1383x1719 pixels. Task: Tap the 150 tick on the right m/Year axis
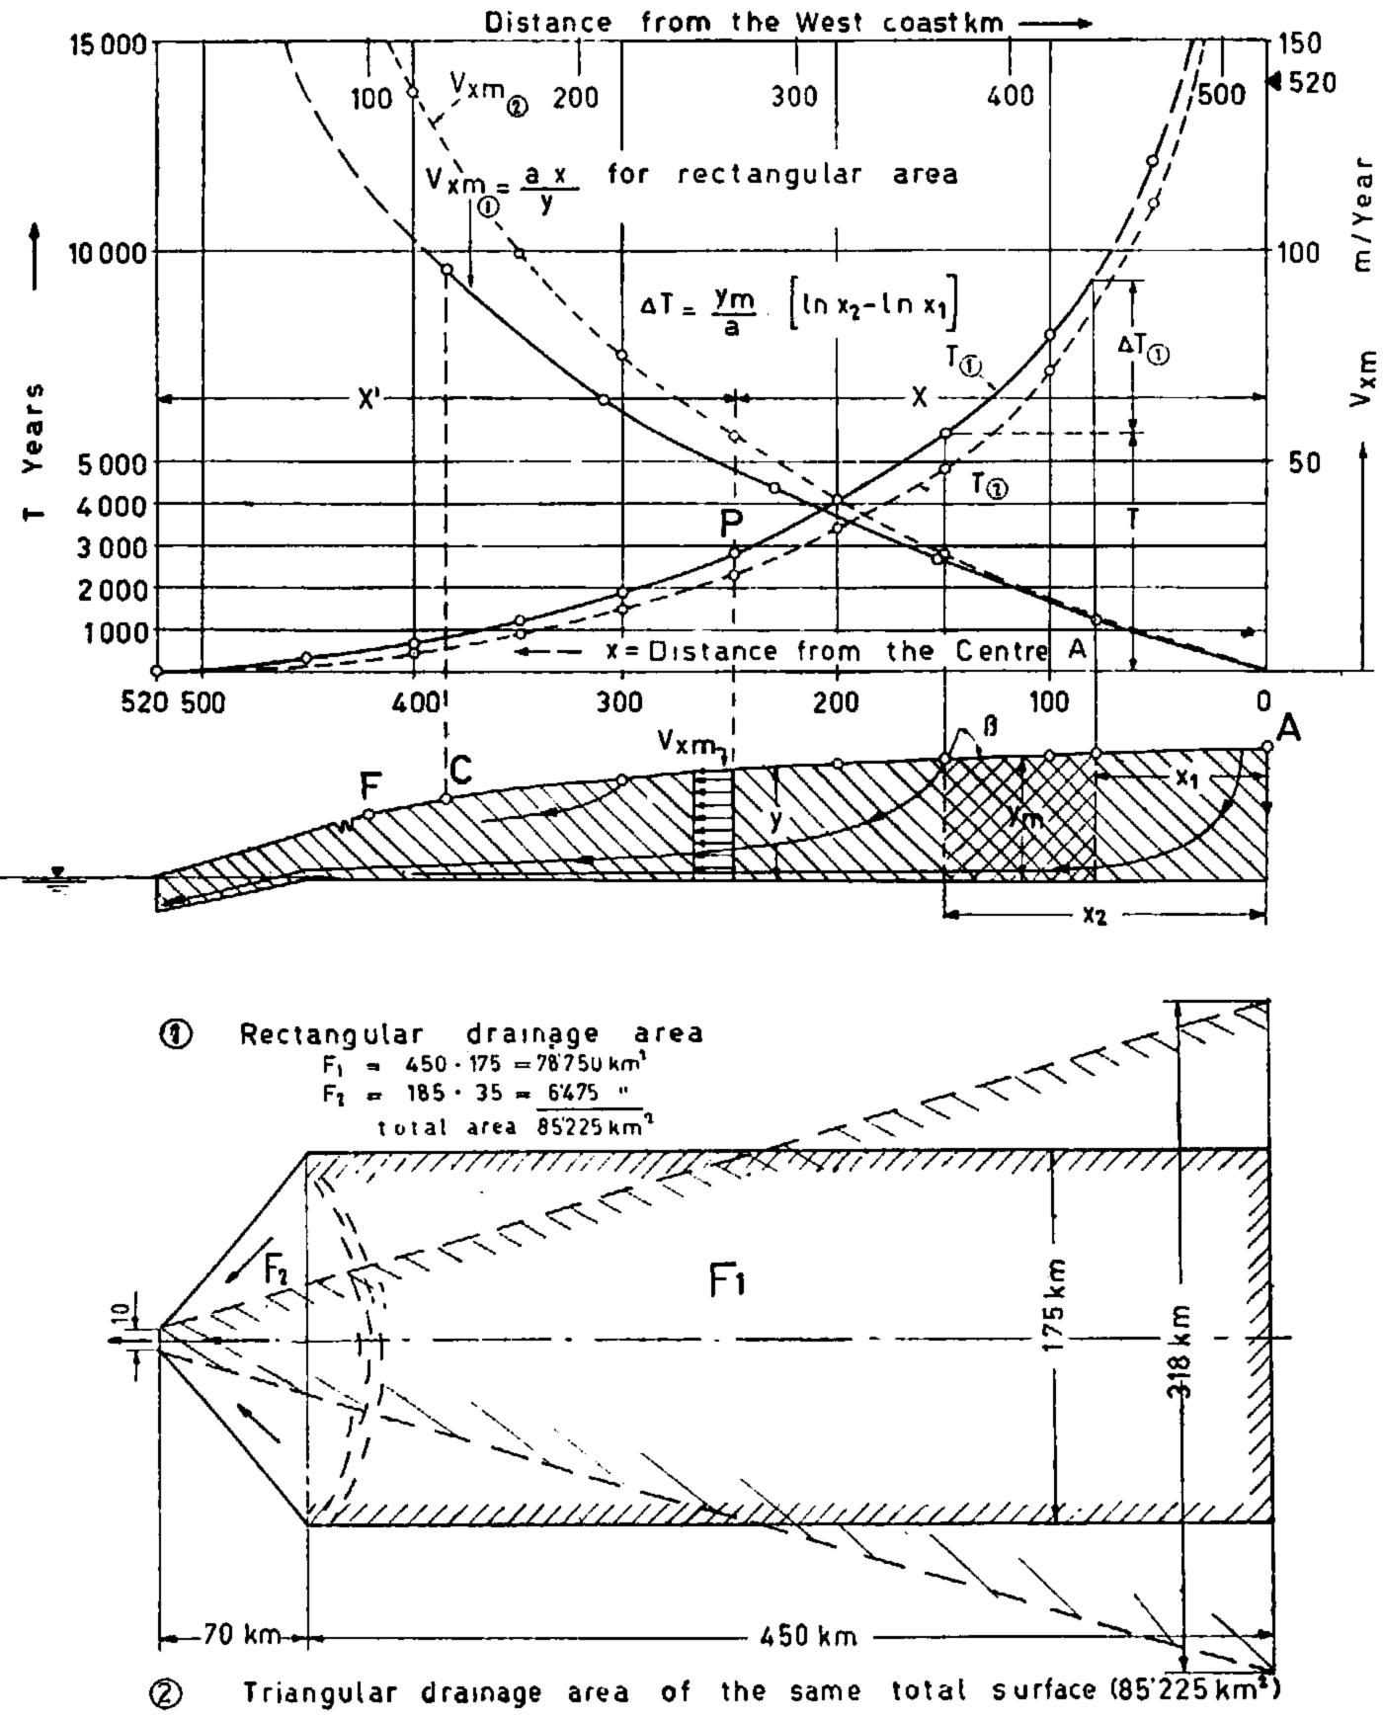[x=1306, y=45]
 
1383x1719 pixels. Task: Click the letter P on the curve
[x=731, y=522]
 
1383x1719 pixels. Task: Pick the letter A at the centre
[x=1288, y=729]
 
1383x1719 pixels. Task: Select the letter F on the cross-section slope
[x=369, y=787]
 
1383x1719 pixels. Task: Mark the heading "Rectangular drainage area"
[x=471, y=1034]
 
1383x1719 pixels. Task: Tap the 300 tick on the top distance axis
[x=794, y=97]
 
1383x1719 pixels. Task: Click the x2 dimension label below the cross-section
[x=1094, y=916]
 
